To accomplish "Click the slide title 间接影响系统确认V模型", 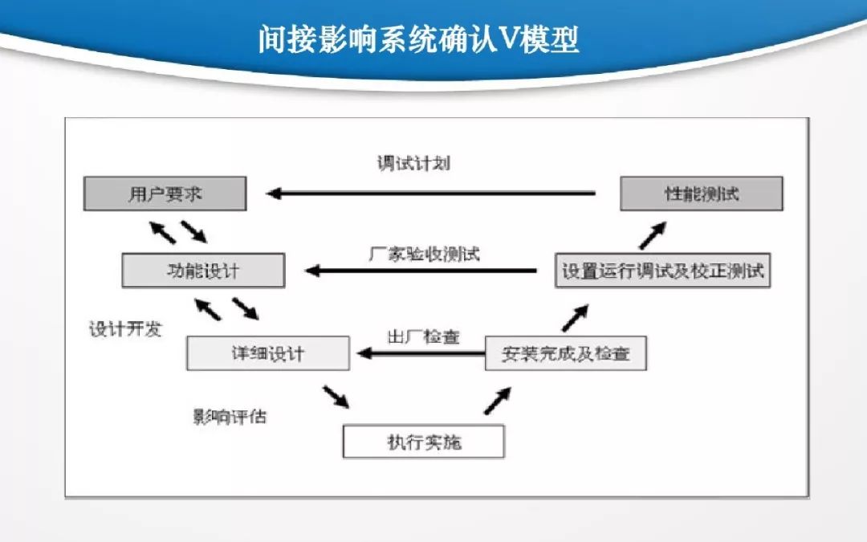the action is coord(418,38).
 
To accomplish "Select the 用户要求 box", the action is coord(165,194).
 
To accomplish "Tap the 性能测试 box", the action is coord(701,194).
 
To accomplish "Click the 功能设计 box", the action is coord(202,271).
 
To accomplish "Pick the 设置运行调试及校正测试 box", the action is coord(662,271).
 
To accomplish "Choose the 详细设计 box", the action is coord(267,353).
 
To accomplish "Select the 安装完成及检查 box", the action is coord(565,353).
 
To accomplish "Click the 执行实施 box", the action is coord(423,441).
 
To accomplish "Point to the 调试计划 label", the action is coord(413,164).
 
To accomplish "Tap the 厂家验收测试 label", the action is coord(424,254).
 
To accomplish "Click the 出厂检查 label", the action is coord(423,336).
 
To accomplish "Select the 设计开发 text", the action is coord(125,329).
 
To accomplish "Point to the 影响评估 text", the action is coord(230,417).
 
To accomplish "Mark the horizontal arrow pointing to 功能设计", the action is coord(421,271).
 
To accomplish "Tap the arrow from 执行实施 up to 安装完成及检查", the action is coord(498,399).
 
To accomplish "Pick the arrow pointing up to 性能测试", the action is coord(653,236).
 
